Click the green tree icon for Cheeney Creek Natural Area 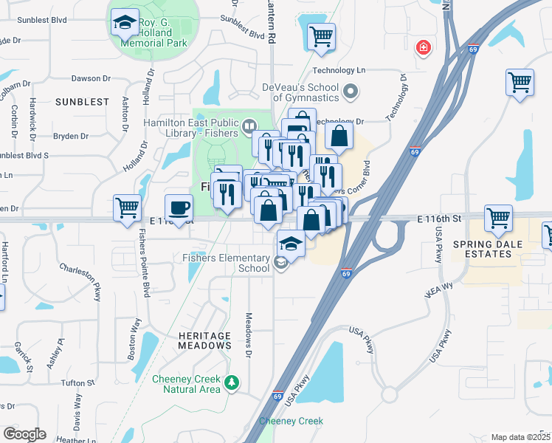coord(232,382)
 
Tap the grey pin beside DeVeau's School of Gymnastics coord(351,92)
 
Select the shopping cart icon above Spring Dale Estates coord(498,219)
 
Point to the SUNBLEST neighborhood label coord(81,102)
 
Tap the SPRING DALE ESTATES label coord(482,249)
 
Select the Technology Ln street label coord(339,70)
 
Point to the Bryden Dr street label coord(72,136)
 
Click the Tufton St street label coord(77,382)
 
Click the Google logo coord(24,434)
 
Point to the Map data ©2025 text coord(520,437)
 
